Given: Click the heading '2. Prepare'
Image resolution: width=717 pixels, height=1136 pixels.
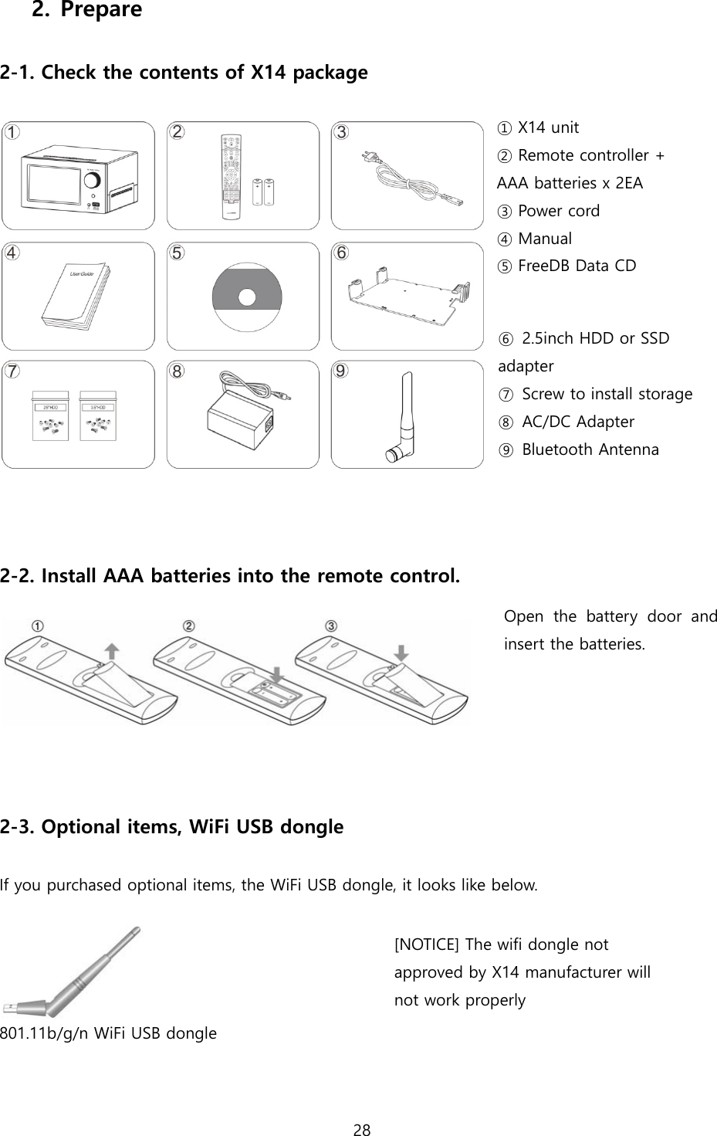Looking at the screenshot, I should pos(86,11).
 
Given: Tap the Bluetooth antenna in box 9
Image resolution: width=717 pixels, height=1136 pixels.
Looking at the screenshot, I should pos(404,418).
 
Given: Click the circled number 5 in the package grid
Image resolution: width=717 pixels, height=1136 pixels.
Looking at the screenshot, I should pos(178,253).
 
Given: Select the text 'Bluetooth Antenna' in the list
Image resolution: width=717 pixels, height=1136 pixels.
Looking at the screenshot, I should pos(590,449).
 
